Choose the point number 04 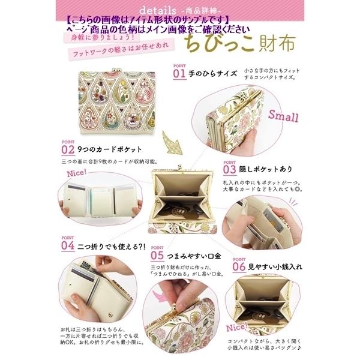pyautogui.click(x=67, y=246)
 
